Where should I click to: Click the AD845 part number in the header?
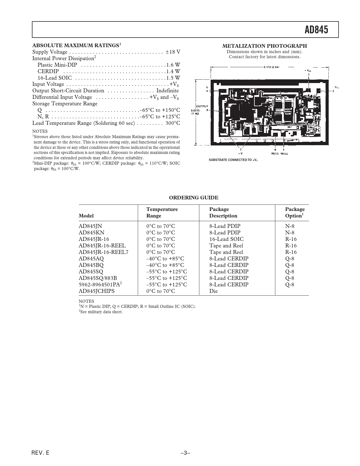click(316, 30)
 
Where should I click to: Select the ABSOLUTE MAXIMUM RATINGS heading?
click(75, 45)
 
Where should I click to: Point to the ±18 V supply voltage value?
click(173, 52)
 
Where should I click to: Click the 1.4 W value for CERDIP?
click(173, 71)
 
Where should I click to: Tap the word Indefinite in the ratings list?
click(167, 91)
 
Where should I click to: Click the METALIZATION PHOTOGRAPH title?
click(265, 46)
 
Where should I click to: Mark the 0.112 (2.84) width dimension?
click(271, 67)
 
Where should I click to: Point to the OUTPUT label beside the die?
click(202, 106)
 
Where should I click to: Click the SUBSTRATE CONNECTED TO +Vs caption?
click(233, 160)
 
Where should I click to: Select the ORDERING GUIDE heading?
click(193, 198)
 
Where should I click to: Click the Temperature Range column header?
click(162, 212)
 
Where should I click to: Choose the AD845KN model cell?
click(91, 233)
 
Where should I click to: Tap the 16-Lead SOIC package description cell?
click(226, 239)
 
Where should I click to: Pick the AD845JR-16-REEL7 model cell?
click(103, 252)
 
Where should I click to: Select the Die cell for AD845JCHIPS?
click(213, 291)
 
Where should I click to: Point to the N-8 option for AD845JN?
click(290, 226)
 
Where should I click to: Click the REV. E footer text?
click(40, 453)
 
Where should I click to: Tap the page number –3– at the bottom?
click(185, 453)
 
